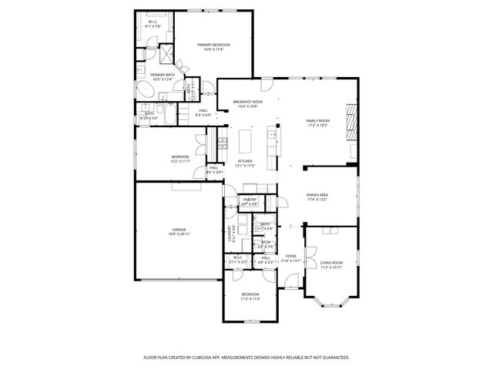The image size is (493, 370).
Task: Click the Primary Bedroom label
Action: [x=213, y=45]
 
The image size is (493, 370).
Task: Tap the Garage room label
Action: [x=179, y=230]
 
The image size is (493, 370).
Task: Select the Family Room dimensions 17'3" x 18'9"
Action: [x=317, y=126]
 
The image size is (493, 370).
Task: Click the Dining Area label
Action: [x=318, y=195]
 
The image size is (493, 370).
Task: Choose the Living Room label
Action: [x=331, y=263]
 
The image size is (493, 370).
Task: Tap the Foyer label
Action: [x=290, y=256]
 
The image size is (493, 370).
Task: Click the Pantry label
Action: [x=250, y=200]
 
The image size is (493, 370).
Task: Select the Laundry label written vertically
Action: [x=229, y=234]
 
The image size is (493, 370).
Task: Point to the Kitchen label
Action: [x=245, y=160]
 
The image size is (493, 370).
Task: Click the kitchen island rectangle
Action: [x=246, y=141]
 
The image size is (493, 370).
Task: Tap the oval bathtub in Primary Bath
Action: [x=145, y=90]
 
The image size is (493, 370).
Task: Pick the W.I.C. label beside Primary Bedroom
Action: [x=154, y=22]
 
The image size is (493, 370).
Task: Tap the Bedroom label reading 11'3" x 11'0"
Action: [x=251, y=294]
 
